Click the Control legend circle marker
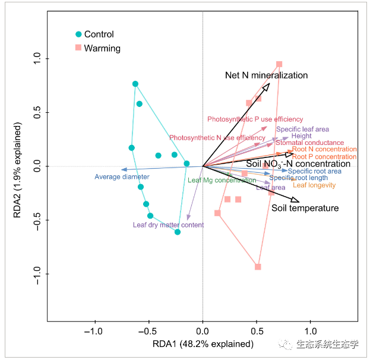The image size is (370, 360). (x=78, y=34)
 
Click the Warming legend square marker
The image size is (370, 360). (x=78, y=48)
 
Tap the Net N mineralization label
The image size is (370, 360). (x=266, y=75)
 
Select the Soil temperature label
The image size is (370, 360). (x=305, y=208)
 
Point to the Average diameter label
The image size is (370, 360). (x=122, y=176)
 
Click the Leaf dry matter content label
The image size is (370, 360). (x=168, y=225)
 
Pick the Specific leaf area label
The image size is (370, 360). (x=302, y=129)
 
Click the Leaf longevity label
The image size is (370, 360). (x=314, y=185)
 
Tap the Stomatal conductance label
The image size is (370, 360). (x=309, y=143)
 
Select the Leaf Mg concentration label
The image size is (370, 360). (x=222, y=180)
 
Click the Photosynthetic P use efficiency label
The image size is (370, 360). (x=255, y=119)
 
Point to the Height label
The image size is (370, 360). (x=302, y=136)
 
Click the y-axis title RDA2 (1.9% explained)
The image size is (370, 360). (x=20, y=168)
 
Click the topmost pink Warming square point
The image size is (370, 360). (x=279, y=64)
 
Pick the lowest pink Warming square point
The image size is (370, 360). (x=258, y=267)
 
